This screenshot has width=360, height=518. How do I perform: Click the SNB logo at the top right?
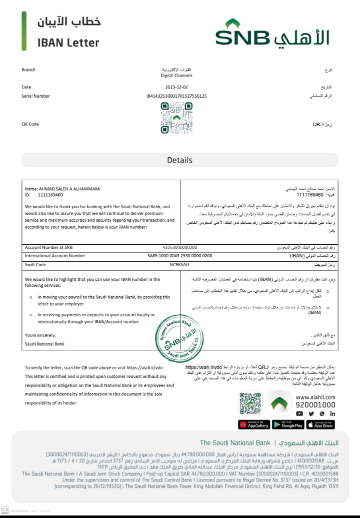(272, 34)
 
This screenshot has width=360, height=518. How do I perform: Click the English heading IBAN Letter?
(68, 43)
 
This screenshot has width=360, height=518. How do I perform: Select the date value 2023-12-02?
(176, 87)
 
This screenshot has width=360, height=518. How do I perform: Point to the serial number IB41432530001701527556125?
(176, 96)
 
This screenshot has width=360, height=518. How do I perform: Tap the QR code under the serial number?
(176, 118)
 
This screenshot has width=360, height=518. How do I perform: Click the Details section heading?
(179, 160)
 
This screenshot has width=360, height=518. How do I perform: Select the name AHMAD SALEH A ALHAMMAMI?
(69, 189)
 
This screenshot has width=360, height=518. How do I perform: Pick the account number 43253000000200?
(180, 247)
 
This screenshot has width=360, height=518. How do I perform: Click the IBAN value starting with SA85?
(180, 256)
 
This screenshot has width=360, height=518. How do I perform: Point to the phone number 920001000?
(315, 405)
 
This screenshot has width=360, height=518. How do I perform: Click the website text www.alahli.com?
(315, 397)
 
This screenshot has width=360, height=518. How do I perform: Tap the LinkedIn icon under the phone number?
(332, 413)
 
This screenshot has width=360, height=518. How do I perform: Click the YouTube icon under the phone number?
(299, 413)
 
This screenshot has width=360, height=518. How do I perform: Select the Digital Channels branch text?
(176, 76)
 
